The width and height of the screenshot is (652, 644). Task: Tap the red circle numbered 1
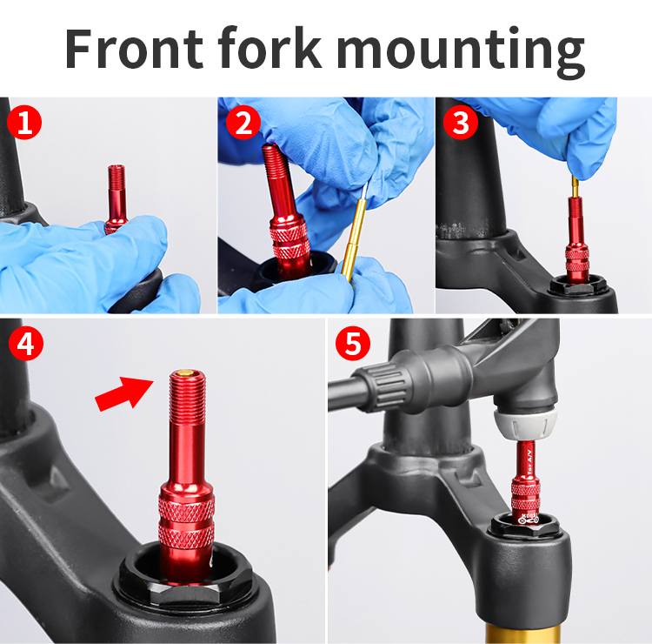tap(23, 123)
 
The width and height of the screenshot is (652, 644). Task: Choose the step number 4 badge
tap(24, 343)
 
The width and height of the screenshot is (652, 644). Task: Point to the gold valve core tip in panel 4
tap(184, 374)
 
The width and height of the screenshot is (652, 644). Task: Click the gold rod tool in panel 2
tap(357, 235)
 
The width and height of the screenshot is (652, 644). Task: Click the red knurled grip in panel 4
tap(187, 522)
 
